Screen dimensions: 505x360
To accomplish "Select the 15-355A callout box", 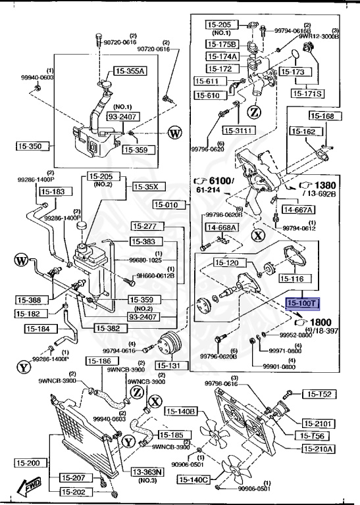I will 130,71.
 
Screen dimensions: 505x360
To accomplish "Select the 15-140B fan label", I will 181,412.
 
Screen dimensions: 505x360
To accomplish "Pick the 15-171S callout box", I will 307,94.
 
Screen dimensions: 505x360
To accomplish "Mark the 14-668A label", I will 222,228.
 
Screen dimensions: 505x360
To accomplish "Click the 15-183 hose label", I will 53,191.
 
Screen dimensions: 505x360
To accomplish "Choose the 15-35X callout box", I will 147,186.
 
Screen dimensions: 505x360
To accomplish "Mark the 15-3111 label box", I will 238,130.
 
